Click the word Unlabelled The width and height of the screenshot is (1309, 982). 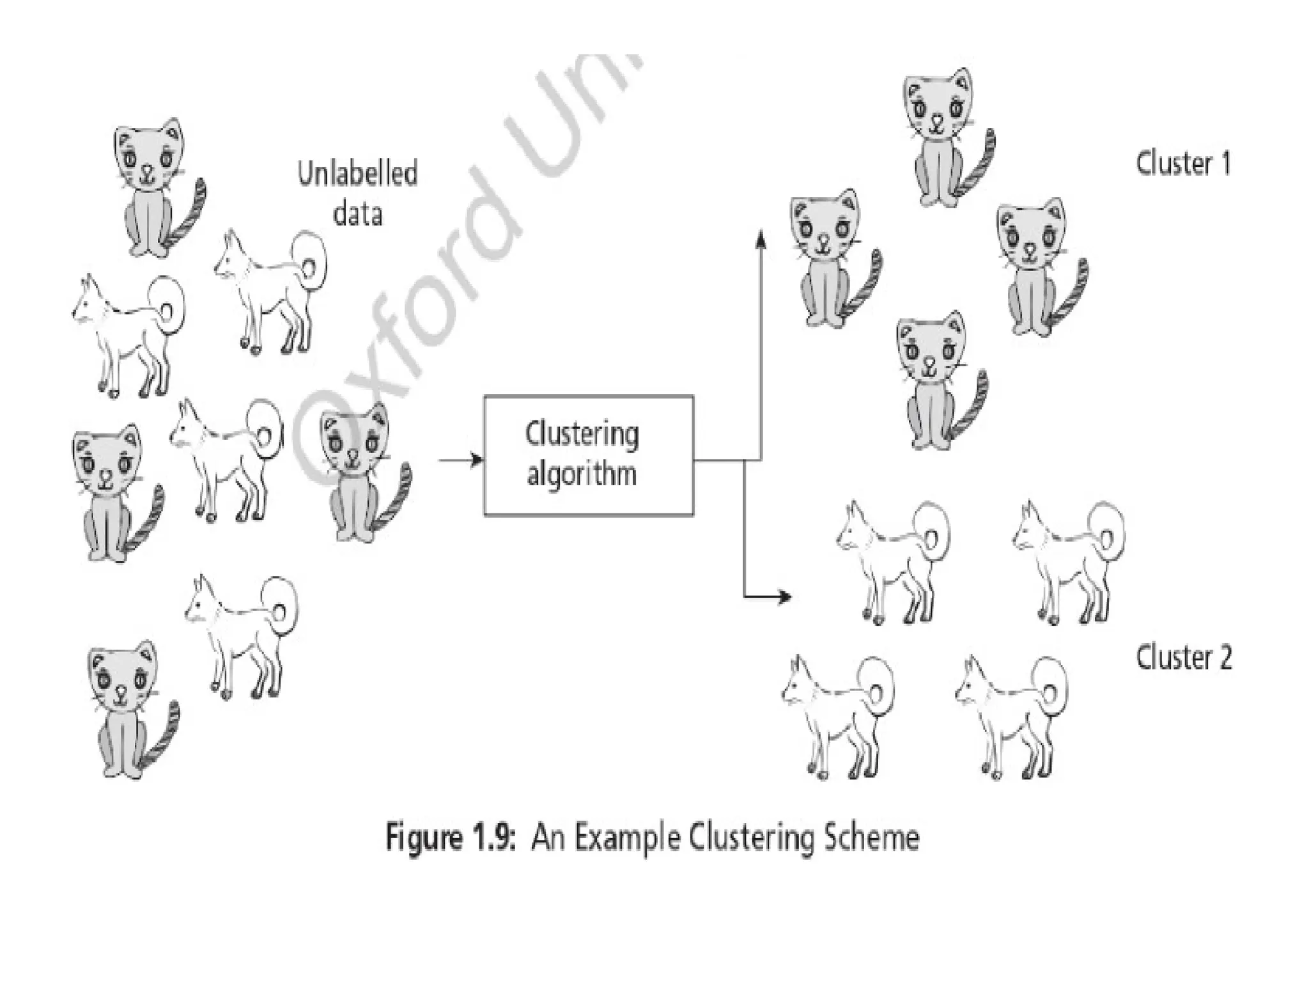pos(358,174)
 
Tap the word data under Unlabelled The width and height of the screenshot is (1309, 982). pos(358,213)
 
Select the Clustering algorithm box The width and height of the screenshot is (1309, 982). pos(588,455)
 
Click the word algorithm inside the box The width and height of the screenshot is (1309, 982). pos(582,474)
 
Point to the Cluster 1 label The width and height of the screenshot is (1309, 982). pos(1183,164)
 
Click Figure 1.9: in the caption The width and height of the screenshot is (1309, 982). pos(451,838)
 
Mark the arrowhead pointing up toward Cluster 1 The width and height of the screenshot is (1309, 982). pos(760,238)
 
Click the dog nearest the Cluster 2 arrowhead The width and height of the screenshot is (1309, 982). pos(892,563)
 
